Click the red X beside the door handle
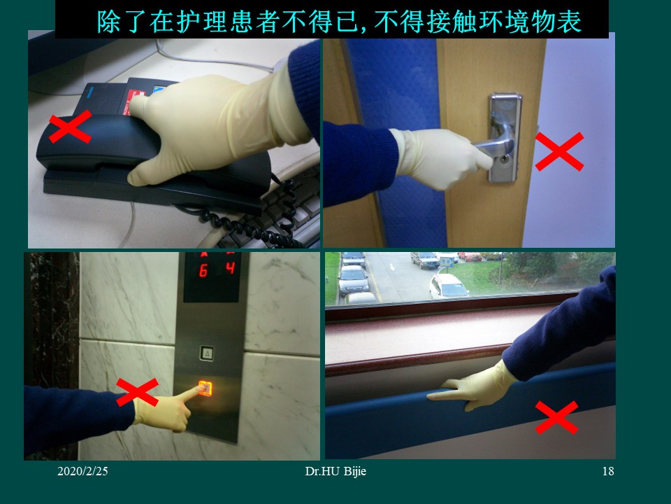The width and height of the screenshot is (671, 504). pyautogui.click(x=559, y=152)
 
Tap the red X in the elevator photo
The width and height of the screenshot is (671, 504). pyautogui.click(x=137, y=392)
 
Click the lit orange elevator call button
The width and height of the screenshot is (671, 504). pyautogui.click(x=205, y=387)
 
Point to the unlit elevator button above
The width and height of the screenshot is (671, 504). pyautogui.click(x=207, y=353)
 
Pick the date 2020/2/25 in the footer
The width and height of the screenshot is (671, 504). pyautogui.click(x=82, y=472)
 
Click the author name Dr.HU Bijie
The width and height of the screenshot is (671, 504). pyautogui.click(x=335, y=472)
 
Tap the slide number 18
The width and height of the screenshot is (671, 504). pyautogui.click(x=607, y=472)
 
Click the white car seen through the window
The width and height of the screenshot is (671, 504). pyautogui.click(x=448, y=286)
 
